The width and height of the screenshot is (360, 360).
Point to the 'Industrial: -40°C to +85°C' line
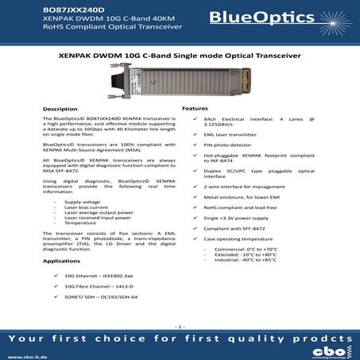click(x=250, y=260)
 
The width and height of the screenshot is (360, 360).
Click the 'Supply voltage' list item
click(x=82, y=202)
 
